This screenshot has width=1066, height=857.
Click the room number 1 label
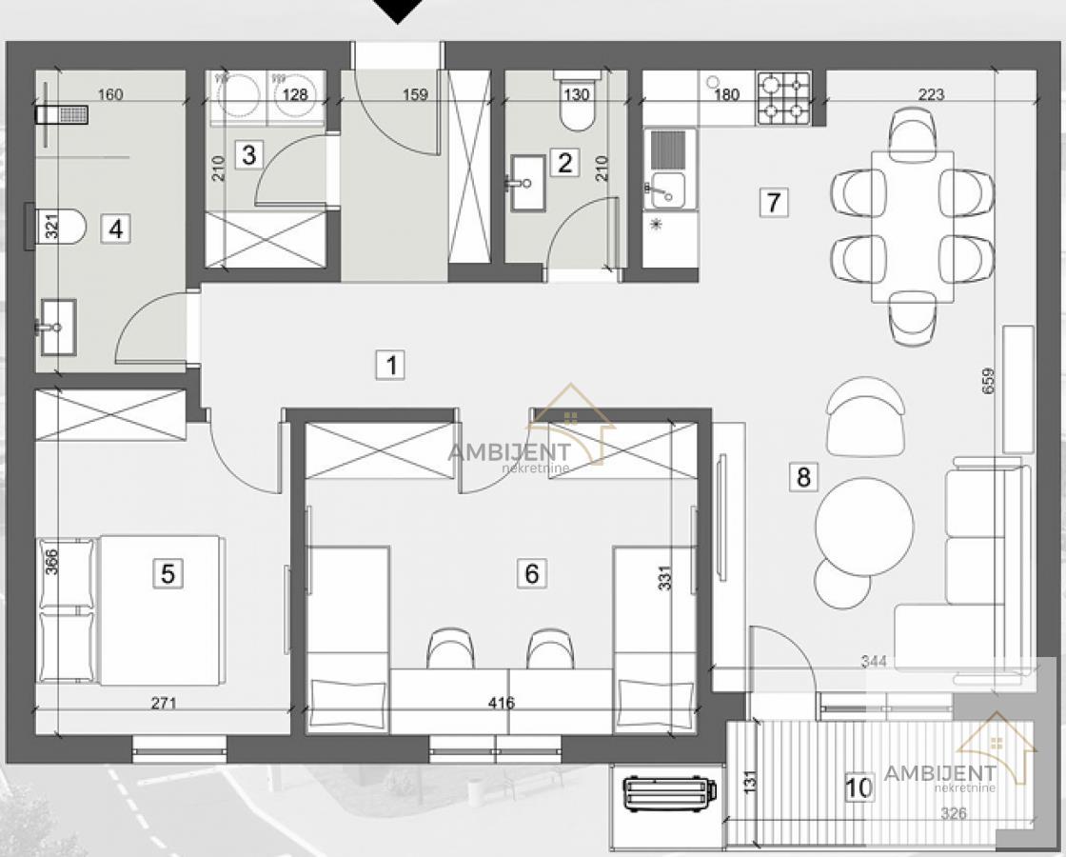click(x=391, y=366)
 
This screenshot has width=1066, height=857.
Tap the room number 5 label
click(x=168, y=573)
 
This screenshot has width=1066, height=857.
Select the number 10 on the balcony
click(x=858, y=787)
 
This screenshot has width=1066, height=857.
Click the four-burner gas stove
click(x=784, y=98)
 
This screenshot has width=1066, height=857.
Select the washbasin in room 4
click(x=57, y=328)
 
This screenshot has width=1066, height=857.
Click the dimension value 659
click(x=988, y=381)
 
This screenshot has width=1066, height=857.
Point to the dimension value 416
click(x=501, y=703)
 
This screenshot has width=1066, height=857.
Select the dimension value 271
click(x=164, y=703)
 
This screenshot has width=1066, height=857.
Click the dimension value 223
click(x=931, y=94)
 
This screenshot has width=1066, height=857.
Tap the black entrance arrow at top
click(x=399, y=10)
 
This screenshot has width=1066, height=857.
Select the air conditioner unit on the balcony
click(x=670, y=793)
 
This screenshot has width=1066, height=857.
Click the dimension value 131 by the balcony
click(x=749, y=781)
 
